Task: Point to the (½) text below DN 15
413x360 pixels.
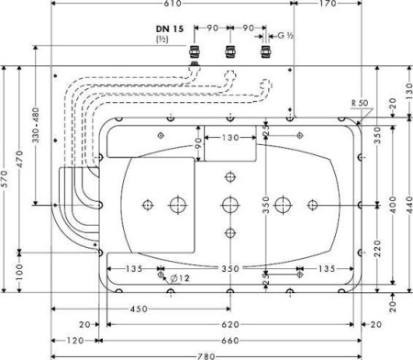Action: coord(162,39)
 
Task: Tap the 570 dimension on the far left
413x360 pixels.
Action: coord(5,180)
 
